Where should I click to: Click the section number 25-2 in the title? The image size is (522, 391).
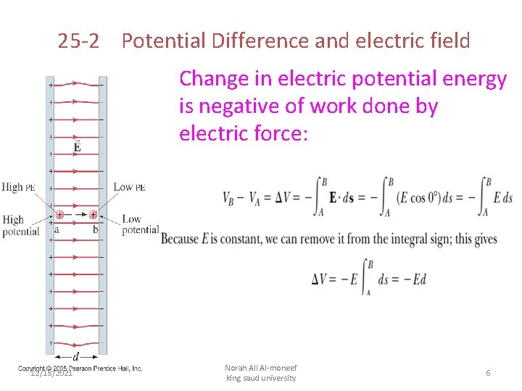pyautogui.click(x=78, y=41)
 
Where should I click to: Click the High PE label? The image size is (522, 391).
pyautogui.click(x=19, y=187)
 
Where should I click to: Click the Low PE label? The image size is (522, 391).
pyautogui.click(x=129, y=187)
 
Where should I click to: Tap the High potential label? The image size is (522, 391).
pyautogui.click(x=20, y=225)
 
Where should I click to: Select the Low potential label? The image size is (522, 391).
pyautogui.click(x=139, y=224)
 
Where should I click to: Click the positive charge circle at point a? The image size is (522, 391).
pyautogui.click(x=59, y=215)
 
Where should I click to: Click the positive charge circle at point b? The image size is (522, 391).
pyautogui.click(x=94, y=215)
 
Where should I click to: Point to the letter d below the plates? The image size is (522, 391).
pyautogui.click(x=76, y=356)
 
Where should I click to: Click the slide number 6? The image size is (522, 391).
pyautogui.click(x=488, y=372)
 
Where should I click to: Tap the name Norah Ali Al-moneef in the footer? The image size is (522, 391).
pyautogui.click(x=260, y=368)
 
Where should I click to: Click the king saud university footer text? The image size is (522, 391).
pyautogui.click(x=260, y=378)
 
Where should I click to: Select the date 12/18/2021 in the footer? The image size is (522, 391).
pyautogui.click(x=51, y=373)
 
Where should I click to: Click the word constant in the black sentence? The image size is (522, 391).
pyautogui.click(x=239, y=239)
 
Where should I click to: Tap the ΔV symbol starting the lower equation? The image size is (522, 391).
pyautogui.click(x=320, y=279)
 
